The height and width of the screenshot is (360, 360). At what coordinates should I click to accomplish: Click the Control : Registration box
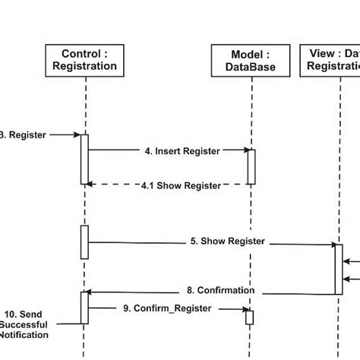pos(84,59)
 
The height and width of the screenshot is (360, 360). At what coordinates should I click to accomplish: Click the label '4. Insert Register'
pos(182,151)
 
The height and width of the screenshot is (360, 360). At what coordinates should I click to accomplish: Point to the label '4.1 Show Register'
pos(182,185)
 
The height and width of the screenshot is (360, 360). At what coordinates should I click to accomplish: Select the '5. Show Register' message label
pos(227,242)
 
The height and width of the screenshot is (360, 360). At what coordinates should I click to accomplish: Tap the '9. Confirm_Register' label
pos(172,308)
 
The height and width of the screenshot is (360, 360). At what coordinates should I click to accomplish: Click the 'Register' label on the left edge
pos(23,135)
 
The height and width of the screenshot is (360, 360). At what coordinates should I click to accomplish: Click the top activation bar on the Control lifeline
pos(84,159)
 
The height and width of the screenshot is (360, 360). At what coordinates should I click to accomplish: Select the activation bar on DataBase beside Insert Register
pos(251,166)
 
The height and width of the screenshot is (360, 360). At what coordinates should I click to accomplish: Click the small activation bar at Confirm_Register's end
pos(249,317)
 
